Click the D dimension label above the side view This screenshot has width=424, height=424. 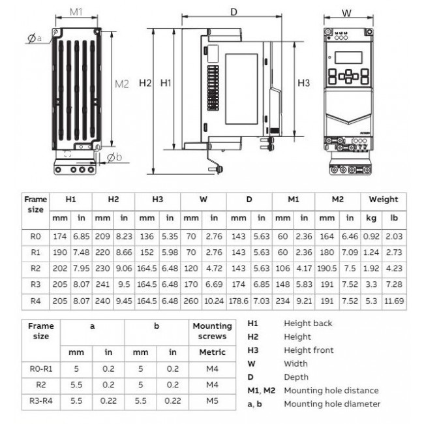(x=234, y=12)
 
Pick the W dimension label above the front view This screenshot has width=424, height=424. (x=346, y=12)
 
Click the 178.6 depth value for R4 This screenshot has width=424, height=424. (x=239, y=302)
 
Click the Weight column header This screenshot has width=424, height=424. (x=383, y=199)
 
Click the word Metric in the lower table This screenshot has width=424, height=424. (x=212, y=352)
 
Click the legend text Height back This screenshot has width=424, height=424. (x=307, y=324)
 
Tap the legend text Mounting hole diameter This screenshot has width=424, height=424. (x=332, y=404)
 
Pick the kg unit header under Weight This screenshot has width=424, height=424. (x=371, y=218)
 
